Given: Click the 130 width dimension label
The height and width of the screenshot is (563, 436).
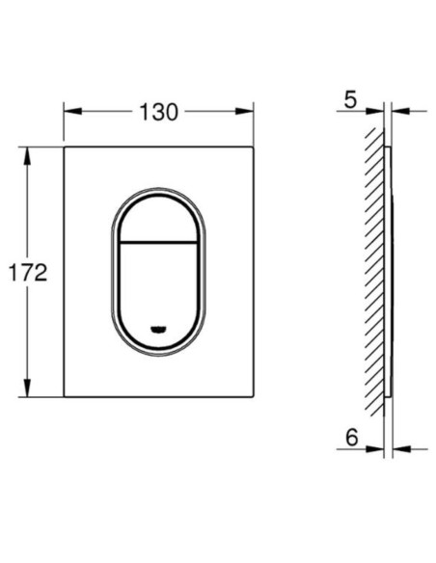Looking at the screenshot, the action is (x=158, y=112).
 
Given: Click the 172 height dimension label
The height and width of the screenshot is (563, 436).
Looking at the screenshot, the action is (x=28, y=273).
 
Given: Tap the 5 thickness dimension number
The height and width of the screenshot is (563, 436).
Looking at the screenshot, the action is (x=350, y=99).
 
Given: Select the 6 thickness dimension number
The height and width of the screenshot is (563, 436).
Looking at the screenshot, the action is (x=352, y=438).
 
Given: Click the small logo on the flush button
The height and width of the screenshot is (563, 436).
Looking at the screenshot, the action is (x=158, y=329).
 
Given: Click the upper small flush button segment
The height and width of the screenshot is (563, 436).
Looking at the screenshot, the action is (x=158, y=219).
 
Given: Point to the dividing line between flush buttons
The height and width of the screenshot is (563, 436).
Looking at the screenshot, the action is (x=158, y=241).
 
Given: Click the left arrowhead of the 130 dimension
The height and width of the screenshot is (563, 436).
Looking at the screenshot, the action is (x=73, y=111).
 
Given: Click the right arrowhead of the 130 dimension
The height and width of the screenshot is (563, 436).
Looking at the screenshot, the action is (x=245, y=111).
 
